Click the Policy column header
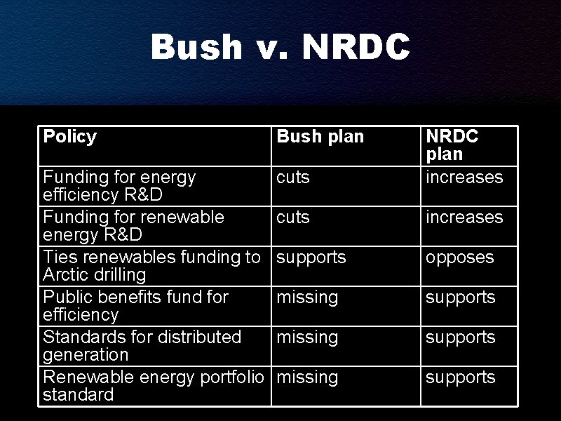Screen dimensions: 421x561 pos(69,136)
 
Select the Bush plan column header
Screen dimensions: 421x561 pos(320,137)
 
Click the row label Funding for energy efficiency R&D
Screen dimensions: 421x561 pos(119,185)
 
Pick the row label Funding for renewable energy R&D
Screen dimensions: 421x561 pos(133,225)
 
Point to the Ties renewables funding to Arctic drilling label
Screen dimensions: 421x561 pos(151,265)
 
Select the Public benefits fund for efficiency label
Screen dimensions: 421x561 pos(135,305)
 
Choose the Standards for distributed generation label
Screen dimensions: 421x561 pos(142,345)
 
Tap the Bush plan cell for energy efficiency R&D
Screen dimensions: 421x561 pos(293,178)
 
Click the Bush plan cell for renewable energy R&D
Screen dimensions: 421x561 pos(293,218)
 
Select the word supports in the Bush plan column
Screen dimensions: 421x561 pos(311,258)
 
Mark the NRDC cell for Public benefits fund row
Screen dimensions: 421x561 pos(461,298)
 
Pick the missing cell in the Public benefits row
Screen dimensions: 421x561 pos(307,298)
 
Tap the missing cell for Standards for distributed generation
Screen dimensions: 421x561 pos(307,338)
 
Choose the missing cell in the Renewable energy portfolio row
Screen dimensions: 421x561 pos(307,377)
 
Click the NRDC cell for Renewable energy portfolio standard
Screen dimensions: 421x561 pos(461,377)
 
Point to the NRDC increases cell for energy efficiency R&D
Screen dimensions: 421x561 pos(464,178)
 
